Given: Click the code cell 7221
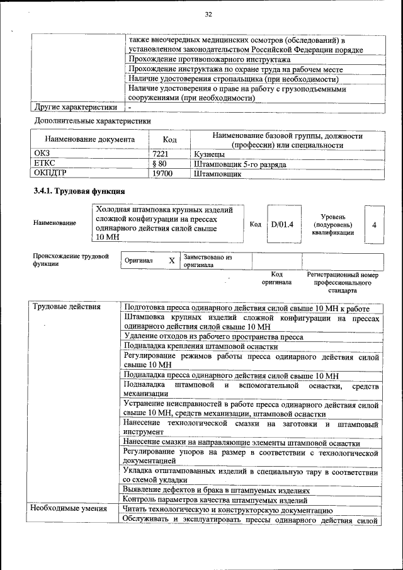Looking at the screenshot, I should click(162, 154).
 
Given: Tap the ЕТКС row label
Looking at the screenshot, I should click(45, 163).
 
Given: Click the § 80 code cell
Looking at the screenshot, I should click(162, 163).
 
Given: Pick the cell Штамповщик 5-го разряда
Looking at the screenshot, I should click(240, 164).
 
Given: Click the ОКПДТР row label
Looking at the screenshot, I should click(50, 172).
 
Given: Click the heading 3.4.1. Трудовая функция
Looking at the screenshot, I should click(79, 191).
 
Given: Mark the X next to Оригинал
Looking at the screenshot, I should click(171, 260).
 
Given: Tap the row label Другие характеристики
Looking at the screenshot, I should click(75, 108).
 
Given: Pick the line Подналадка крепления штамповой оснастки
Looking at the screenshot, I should click(201, 346).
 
